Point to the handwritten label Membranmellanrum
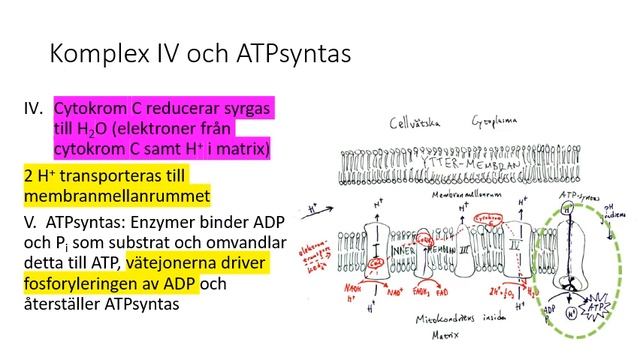tap(441, 196)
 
